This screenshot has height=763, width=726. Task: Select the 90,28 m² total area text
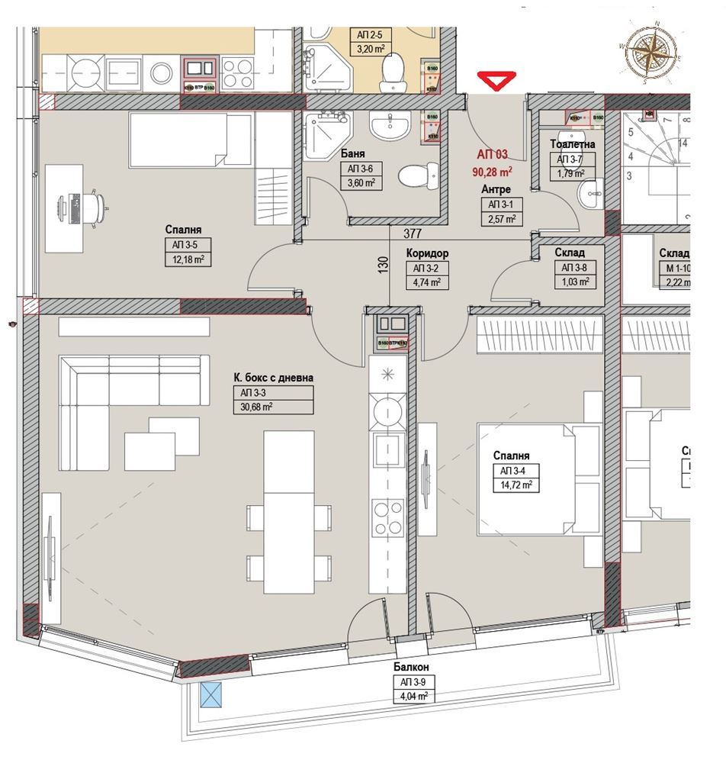point(491,170)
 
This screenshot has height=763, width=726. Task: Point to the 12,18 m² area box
point(188,259)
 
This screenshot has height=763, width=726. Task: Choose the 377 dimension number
point(413,234)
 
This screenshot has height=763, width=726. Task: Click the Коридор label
point(428,253)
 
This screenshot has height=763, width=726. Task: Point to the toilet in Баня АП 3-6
point(415,176)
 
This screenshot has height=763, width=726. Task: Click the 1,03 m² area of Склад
point(576,282)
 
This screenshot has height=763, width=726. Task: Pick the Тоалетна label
point(572,144)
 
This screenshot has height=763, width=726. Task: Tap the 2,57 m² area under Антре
point(500,219)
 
